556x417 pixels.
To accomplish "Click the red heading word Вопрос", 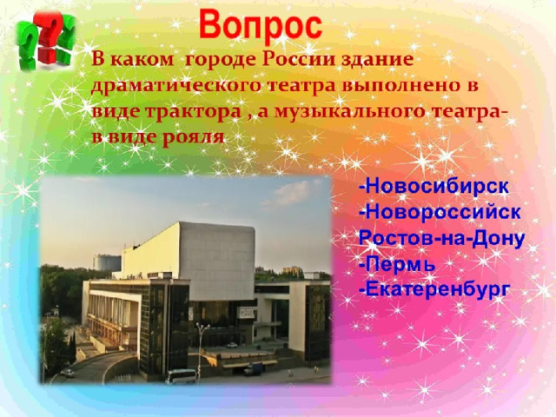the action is coord(261,25).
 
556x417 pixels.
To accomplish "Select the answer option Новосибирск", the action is coord(434,186).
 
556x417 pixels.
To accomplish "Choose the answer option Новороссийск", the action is coord(440,212).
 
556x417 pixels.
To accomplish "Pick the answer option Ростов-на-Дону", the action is coord(441,238).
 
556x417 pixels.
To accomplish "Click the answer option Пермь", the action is coord(397,264).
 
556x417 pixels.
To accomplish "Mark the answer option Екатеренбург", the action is coord(434,289).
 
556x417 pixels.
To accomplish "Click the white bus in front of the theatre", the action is coord(181,376).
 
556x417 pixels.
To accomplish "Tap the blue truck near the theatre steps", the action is coord(254,368).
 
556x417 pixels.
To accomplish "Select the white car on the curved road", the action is coord(68,373).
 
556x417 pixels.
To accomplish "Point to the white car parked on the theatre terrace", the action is coord(232,345).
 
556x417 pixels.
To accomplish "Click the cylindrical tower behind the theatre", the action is coord(106,262).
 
